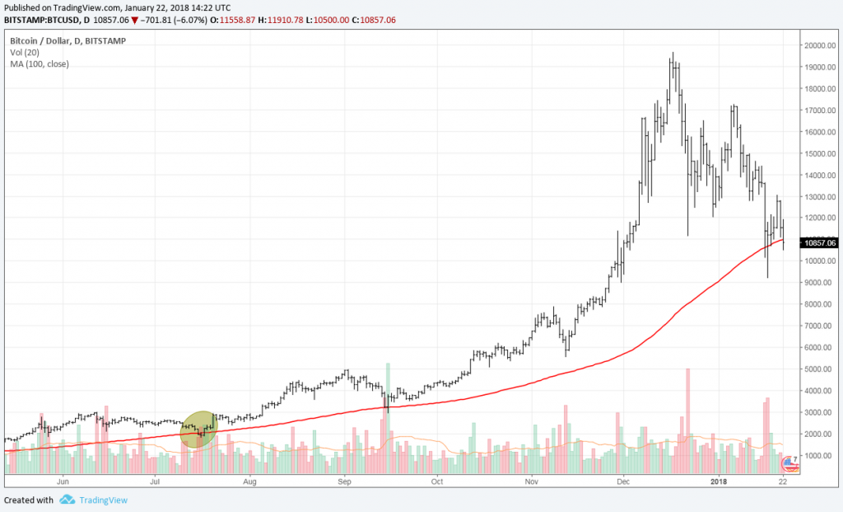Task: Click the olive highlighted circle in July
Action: (x=198, y=429)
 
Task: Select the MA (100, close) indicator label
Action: (x=40, y=63)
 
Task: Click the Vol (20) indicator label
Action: (x=26, y=52)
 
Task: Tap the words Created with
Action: (x=29, y=500)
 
